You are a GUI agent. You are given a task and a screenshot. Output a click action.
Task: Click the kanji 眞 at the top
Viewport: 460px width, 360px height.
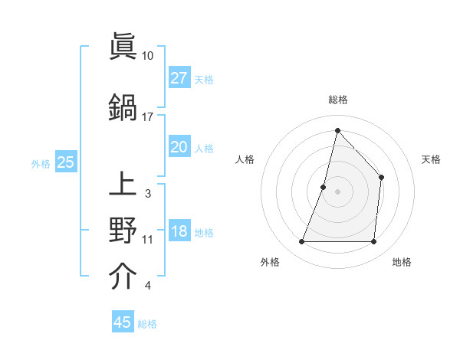click(x=123, y=48)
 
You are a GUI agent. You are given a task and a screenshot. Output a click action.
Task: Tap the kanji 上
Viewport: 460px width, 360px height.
click(x=123, y=185)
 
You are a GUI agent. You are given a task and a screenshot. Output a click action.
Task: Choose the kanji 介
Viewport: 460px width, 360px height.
click(x=123, y=277)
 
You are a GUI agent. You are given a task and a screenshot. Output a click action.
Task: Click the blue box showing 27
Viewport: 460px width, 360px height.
click(x=179, y=78)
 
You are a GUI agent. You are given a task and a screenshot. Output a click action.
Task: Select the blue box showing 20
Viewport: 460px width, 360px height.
click(x=179, y=147)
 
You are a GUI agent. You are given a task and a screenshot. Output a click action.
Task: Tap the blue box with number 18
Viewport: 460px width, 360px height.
click(x=179, y=232)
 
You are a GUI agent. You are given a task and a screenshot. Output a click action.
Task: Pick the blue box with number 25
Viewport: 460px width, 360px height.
click(x=65, y=162)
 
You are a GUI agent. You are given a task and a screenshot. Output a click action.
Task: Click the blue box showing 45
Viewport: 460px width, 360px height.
click(x=123, y=322)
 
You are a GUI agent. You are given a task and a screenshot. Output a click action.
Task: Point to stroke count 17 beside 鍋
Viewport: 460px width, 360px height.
click(x=148, y=116)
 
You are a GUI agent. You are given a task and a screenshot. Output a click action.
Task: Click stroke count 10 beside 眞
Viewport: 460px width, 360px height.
click(x=148, y=56)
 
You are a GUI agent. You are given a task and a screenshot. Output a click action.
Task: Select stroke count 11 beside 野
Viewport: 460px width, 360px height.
click(x=148, y=240)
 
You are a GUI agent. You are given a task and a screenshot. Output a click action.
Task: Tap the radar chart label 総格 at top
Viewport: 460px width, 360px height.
click(x=337, y=100)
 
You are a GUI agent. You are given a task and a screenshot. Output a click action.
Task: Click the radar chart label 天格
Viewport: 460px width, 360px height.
click(x=431, y=159)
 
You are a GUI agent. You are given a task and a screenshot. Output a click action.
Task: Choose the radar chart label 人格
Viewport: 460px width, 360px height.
click(x=245, y=159)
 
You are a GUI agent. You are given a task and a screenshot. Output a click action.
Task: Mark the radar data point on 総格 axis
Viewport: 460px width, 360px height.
click(x=337, y=130)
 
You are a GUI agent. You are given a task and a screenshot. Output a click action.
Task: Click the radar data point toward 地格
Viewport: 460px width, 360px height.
click(x=373, y=242)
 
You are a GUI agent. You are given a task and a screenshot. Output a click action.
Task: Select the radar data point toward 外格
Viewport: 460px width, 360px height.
click(x=301, y=242)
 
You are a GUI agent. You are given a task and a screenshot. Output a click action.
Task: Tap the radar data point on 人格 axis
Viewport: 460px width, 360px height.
click(x=324, y=187)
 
